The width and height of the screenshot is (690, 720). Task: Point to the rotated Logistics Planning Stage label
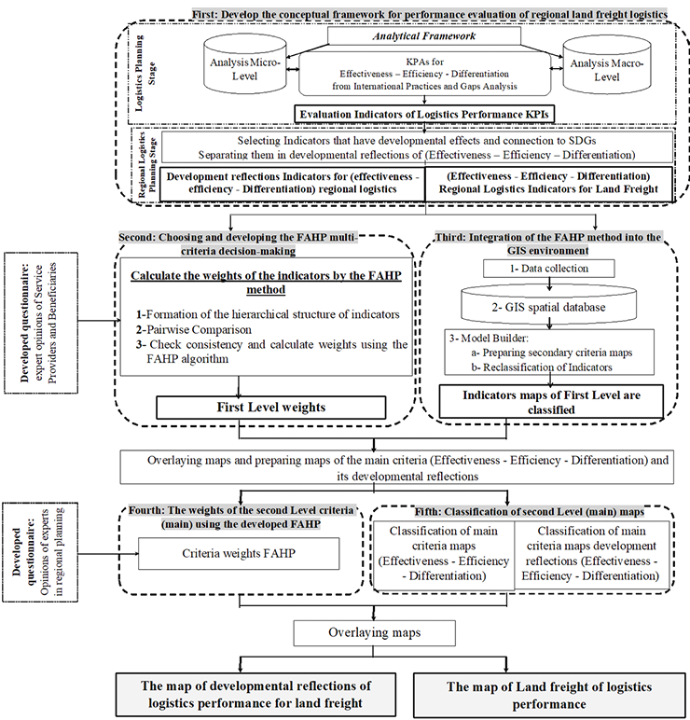139,73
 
